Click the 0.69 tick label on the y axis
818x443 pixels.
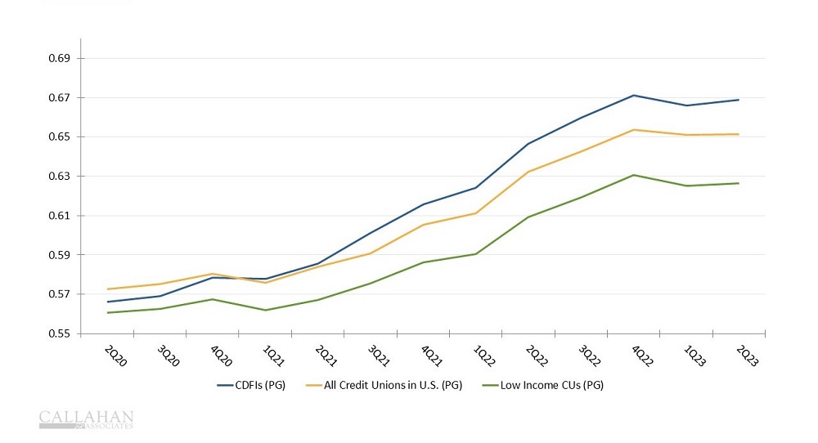[x=61, y=59]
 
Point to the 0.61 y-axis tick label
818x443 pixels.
[x=61, y=216]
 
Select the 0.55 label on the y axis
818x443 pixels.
[x=61, y=333]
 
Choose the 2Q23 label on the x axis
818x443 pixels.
[x=748, y=356]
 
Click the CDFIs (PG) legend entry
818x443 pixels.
[x=251, y=385]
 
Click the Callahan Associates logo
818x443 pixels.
[x=86, y=419]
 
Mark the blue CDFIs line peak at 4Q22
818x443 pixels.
[x=633, y=96]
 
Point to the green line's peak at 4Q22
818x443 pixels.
[x=633, y=175]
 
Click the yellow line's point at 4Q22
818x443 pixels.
[x=633, y=129]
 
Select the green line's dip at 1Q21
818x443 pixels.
[x=264, y=310]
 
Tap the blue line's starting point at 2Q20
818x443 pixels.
[x=107, y=302]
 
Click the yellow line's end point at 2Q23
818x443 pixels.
[x=739, y=134]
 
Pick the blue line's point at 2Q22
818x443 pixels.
[x=528, y=144]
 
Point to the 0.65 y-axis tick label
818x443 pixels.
[x=61, y=137]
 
